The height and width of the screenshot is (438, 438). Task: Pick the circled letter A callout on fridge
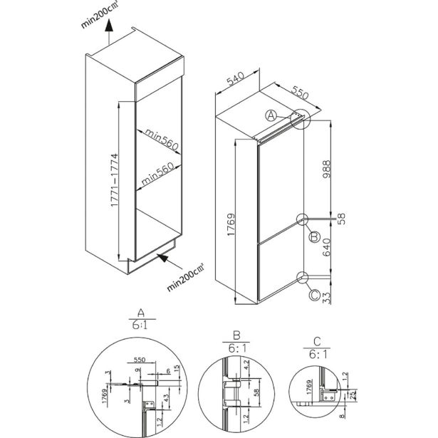pyautogui.click(x=271, y=115)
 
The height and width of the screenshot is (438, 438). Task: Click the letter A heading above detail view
pyautogui.click(x=140, y=313)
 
